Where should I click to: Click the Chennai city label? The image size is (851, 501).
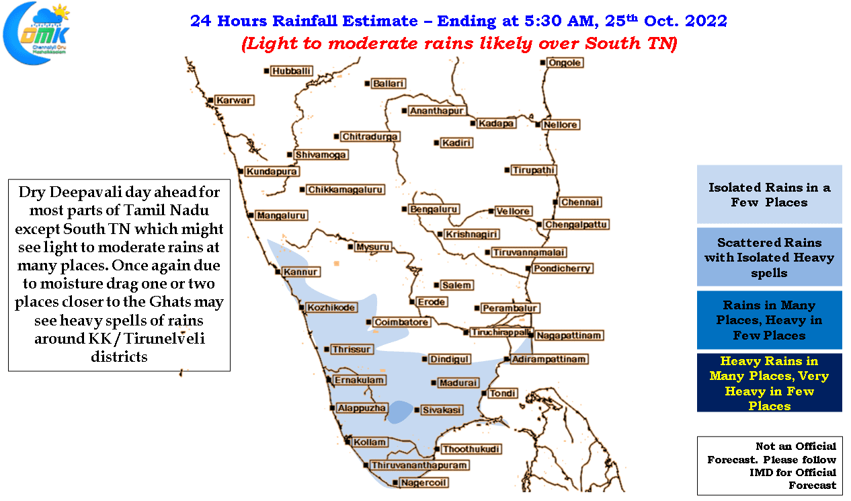(580, 202)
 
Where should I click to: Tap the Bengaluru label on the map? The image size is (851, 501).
(434, 209)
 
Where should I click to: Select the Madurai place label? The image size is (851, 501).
(458, 383)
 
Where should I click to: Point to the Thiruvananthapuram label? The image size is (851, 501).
(419, 465)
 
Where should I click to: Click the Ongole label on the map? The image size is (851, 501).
(565, 63)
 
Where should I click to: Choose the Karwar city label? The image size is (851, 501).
(234, 100)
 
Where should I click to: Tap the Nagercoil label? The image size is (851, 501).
(423, 483)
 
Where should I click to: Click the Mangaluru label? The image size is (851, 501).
(281, 215)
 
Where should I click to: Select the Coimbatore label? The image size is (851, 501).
(401, 322)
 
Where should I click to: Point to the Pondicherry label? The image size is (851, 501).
(562, 269)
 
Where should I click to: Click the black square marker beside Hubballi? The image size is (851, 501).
(267, 71)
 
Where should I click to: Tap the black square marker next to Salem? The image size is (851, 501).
(436, 285)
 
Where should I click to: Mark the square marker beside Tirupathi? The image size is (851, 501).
(507, 170)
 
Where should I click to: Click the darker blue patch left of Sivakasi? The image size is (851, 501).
(400, 412)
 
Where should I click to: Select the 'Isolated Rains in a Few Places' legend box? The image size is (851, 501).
(769, 194)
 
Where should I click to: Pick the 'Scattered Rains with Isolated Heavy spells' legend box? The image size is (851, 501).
(769, 258)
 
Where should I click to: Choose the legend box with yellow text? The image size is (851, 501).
(769, 383)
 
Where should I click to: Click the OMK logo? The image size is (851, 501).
(36, 34)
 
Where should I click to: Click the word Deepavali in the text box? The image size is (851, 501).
(87, 192)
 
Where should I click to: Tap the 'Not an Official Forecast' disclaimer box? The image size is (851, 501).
(770, 466)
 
